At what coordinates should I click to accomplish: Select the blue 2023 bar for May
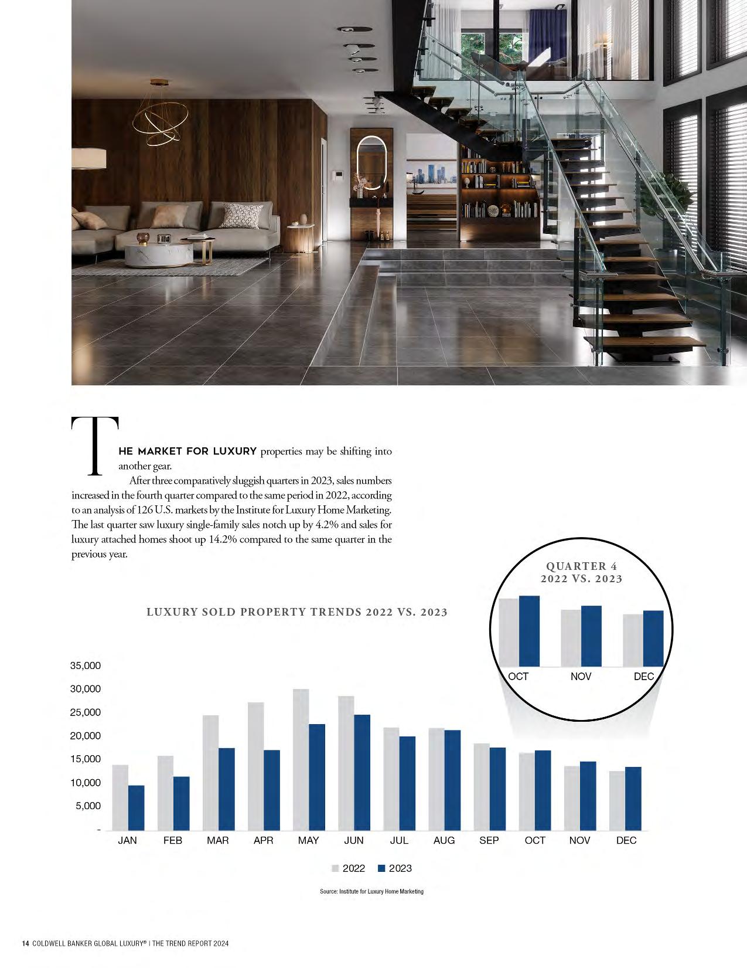[x=317, y=777]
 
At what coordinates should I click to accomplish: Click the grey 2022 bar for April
[x=255, y=766]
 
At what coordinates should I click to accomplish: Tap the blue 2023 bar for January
[x=136, y=808]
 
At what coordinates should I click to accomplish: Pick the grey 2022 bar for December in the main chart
[x=617, y=800]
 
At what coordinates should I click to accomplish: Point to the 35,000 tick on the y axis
[x=86, y=665]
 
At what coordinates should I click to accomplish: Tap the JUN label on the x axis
[x=353, y=840]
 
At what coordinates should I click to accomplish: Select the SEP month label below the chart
[x=489, y=840]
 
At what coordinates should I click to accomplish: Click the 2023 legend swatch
[x=381, y=868]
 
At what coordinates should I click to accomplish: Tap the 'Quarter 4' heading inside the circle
[x=581, y=566]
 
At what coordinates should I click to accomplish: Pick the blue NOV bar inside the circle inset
[x=591, y=636]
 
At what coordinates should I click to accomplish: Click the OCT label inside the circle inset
[x=518, y=676]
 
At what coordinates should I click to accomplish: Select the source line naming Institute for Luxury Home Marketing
[x=371, y=891]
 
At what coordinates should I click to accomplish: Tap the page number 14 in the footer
[x=25, y=943]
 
